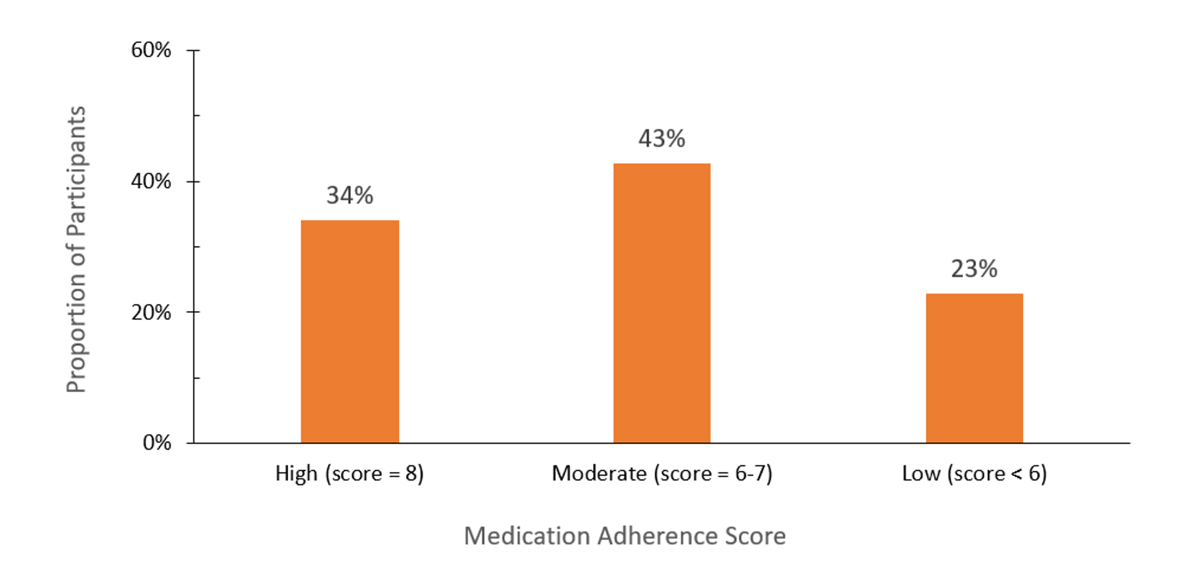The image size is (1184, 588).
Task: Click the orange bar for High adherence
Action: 350,332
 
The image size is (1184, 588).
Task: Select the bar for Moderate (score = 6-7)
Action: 662,303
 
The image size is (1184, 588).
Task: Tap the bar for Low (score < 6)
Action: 974,368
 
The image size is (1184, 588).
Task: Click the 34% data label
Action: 350,195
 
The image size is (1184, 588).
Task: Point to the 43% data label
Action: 661,138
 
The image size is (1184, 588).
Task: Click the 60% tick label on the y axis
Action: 151,50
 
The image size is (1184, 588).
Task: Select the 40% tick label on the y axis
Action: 151,181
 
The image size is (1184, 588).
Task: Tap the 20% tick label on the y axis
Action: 151,312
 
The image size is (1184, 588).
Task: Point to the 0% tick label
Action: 157,443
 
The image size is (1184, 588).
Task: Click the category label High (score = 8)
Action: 349,473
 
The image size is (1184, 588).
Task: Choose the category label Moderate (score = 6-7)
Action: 662,473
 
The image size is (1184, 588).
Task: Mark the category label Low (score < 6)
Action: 974,473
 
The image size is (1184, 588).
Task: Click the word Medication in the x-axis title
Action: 527,536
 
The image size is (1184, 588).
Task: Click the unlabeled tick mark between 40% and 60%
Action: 196,115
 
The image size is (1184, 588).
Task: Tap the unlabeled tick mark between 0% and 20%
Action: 196,378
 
